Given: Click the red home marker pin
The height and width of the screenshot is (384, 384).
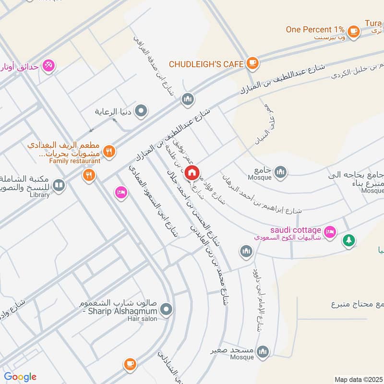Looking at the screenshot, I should click(192, 172).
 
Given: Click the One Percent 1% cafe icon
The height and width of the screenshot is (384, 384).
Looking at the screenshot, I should click(354, 31).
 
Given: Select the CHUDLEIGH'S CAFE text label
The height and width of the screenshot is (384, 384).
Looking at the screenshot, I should click(206, 63).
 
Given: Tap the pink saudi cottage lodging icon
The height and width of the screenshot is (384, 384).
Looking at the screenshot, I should click(330, 231).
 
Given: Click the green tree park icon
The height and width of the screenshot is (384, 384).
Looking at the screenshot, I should click(348, 241).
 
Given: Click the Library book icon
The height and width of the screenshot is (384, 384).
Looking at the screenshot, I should click(59, 185).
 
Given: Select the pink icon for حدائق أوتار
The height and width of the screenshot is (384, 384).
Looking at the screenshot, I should click(48, 66).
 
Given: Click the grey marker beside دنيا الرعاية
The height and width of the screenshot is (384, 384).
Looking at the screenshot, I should click(141, 112).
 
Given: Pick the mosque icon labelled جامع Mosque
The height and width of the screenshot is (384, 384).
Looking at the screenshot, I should click(280, 171).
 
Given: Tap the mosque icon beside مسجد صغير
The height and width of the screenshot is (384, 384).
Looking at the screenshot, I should click(262, 352).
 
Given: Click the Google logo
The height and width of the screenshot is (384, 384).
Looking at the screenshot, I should click(20, 377).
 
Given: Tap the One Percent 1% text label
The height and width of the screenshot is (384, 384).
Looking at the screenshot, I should click(315, 29).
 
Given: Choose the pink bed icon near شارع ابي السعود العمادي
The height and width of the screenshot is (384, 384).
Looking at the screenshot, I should click(120, 192).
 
